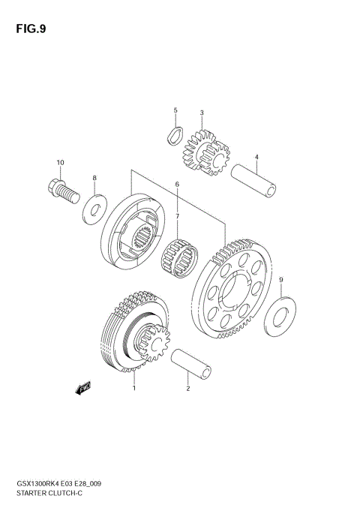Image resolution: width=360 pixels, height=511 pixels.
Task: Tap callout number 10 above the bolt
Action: pos(60,163)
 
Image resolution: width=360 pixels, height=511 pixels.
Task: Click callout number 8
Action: pos(94,178)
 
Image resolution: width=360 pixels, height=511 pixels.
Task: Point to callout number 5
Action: pos(175,111)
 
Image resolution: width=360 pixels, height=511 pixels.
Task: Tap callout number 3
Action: pos(201,113)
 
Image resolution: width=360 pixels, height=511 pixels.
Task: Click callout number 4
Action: pos(256,158)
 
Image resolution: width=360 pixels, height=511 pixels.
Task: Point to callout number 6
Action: pos(177,185)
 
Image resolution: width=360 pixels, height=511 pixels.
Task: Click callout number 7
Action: pos(177,217)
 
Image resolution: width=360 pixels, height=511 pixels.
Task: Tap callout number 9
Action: pos(280,281)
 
